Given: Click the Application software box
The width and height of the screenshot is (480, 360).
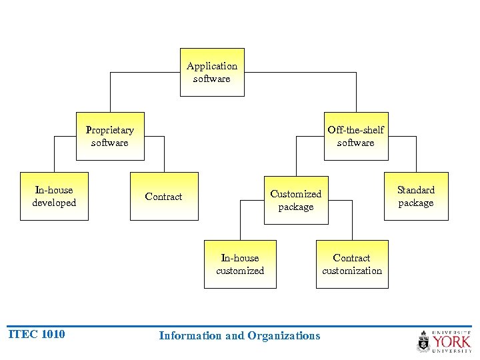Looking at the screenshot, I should click(x=212, y=72).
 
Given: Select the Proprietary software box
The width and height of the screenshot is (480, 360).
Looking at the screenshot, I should click(x=109, y=136).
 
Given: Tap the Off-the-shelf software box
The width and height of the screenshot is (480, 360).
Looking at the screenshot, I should click(x=355, y=136).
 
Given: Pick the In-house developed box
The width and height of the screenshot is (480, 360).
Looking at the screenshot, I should click(x=54, y=196).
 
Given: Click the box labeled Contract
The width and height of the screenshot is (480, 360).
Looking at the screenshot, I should click(x=163, y=196).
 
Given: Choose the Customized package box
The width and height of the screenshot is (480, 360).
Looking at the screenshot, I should click(x=295, y=200).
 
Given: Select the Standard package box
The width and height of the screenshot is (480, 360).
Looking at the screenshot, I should click(x=415, y=196).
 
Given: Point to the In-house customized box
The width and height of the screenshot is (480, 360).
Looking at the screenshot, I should click(x=240, y=264).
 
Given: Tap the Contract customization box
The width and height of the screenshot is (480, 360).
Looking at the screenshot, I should click(x=351, y=264).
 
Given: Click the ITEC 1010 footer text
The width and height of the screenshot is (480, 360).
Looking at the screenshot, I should click(x=36, y=334).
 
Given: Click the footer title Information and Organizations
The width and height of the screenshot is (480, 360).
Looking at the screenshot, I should click(x=239, y=335).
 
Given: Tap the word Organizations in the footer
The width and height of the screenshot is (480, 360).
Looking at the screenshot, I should click(x=283, y=335).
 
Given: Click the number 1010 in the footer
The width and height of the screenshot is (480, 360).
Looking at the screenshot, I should click(x=53, y=334).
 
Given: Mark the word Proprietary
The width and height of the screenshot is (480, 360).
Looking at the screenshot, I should click(x=109, y=130).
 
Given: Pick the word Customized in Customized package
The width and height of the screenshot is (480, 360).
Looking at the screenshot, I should click(x=295, y=194).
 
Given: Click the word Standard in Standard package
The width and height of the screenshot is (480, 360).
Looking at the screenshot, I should click(x=415, y=190).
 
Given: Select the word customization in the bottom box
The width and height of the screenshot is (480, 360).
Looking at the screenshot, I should click(x=351, y=271).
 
